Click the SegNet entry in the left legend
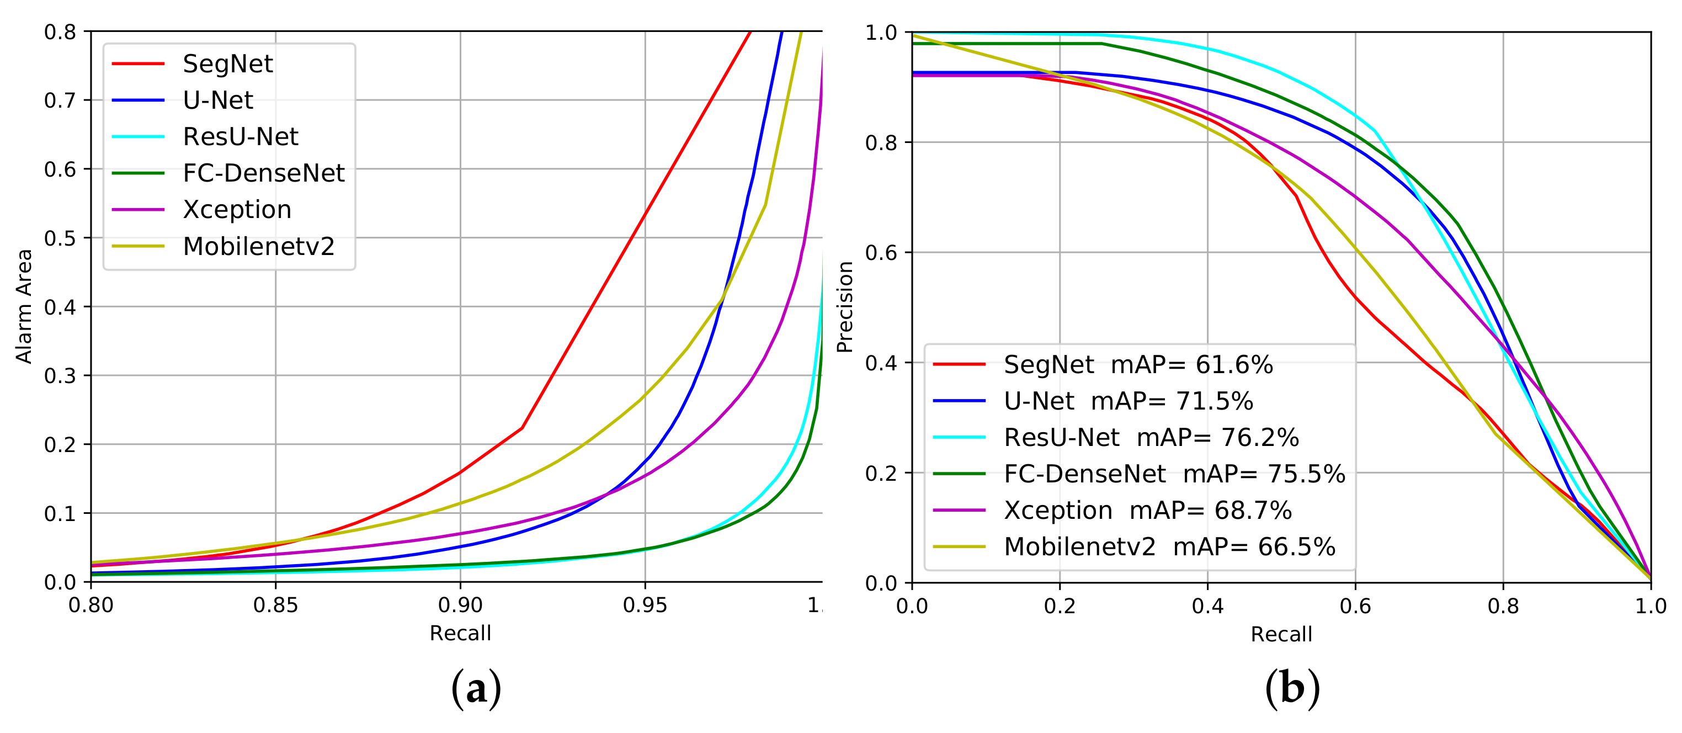(x=227, y=64)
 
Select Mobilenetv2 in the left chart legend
(x=259, y=246)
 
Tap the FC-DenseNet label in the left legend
(x=263, y=173)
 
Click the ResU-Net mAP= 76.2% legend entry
(x=1151, y=438)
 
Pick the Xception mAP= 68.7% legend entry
(x=1147, y=510)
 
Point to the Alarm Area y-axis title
(x=24, y=306)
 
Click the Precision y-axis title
(x=845, y=307)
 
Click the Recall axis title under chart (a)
(x=460, y=633)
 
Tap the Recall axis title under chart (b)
(x=1281, y=634)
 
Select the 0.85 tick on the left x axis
(x=275, y=605)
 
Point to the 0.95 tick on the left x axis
(x=645, y=605)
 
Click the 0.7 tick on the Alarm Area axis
(x=60, y=100)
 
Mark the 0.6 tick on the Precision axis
(x=881, y=253)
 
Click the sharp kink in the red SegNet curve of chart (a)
(x=521, y=428)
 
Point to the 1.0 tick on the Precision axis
(x=881, y=33)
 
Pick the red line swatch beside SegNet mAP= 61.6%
(x=959, y=364)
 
